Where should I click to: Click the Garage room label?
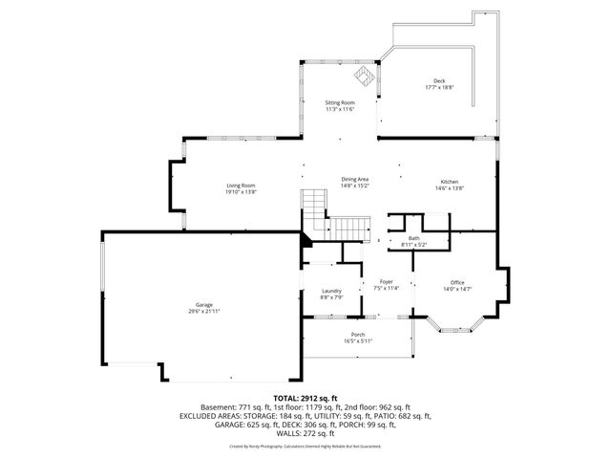coord(200,304)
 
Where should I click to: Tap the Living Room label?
coord(241,186)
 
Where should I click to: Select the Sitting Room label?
coord(341,102)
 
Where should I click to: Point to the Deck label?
coord(439,80)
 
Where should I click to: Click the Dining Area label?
coord(355,179)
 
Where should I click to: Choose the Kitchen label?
coord(449,182)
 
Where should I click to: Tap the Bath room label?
coord(413,238)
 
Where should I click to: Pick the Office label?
coord(457,282)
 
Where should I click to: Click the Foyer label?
coord(387,281)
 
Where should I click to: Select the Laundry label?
coord(331,291)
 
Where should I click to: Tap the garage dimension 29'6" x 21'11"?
coord(200,311)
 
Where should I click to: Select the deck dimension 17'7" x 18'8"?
coord(439,87)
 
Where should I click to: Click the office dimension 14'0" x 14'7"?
coord(457,289)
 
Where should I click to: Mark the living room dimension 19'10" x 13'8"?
coord(241,192)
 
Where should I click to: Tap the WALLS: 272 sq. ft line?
coord(305,433)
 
